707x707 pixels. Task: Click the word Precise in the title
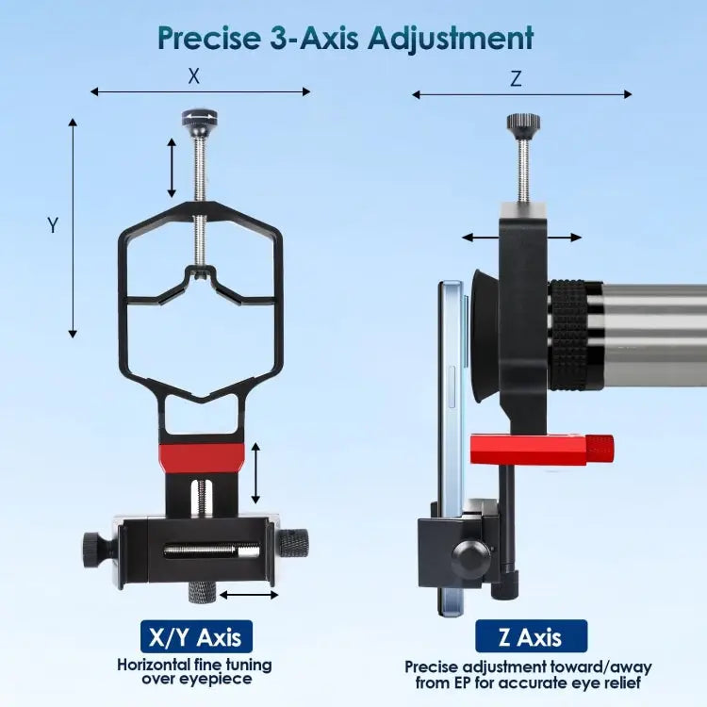tap(209, 38)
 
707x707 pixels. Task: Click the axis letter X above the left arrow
tap(194, 76)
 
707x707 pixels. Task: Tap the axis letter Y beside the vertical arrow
tap(53, 224)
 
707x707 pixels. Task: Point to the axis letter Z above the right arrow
tap(516, 79)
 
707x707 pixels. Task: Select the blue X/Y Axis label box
tap(197, 636)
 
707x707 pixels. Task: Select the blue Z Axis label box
tap(531, 636)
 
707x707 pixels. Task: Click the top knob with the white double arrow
tap(200, 118)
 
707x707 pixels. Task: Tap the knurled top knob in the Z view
tap(523, 122)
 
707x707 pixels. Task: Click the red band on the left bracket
tap(202, 457)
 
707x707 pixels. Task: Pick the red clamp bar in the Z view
tap(541, 449)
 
